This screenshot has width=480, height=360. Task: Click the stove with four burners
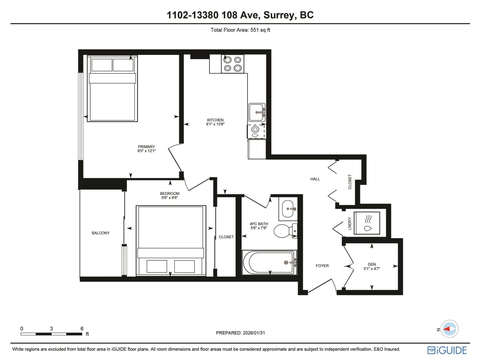pos(232,64)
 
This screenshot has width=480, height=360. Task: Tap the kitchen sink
pos(257,112)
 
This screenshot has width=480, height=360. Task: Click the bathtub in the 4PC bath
pos(269,262)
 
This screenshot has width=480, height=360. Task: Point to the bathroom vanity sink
pos(288,208)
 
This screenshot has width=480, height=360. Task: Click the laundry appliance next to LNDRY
pos(367,223)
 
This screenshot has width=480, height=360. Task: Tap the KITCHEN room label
pos(215,120)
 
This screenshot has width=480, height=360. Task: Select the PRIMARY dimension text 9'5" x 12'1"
pos(146,151)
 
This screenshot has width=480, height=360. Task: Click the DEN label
pos(372,264)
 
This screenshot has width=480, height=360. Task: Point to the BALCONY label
pos(100,233)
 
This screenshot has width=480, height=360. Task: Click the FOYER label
pos(322,265)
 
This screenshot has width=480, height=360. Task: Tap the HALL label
pos(315,179)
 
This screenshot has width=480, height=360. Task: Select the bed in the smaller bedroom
pos(171,240)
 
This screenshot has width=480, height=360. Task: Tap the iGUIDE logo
pos(447,350)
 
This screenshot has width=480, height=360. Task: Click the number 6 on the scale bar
pos(82,328)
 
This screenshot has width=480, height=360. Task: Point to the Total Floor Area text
pos(240,30)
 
